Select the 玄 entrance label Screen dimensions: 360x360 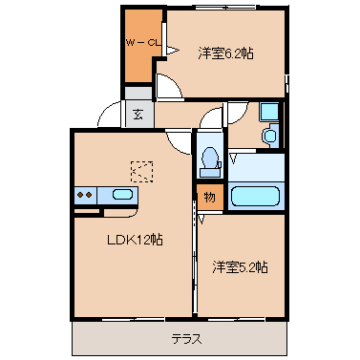pyautogui.click(x=138, y=114)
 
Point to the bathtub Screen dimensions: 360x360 pyautogui.click(x=257, y=197)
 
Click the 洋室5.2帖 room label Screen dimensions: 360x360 pyautogui.click(x=240, y=265)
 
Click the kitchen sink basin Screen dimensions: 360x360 pyautogui.click(x=123, y=195)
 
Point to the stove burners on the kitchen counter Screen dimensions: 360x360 pyautogui.click(x=85, y=195)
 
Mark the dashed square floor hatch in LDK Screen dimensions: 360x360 pyautogui.click(x=142, y=170)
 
